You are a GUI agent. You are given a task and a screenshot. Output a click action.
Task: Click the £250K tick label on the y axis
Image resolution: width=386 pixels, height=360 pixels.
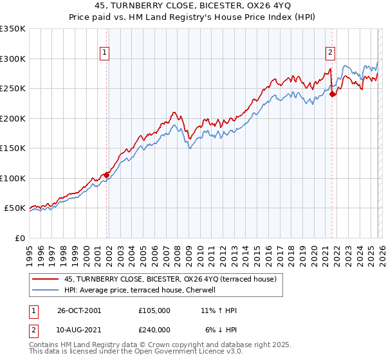coord(13,89)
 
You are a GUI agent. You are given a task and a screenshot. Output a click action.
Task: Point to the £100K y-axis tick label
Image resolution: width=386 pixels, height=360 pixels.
coord(13,178)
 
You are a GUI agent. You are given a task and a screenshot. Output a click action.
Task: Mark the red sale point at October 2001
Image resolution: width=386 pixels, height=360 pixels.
coord(107,175)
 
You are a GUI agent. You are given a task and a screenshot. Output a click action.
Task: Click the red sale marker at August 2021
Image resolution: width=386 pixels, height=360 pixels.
coord(333,94)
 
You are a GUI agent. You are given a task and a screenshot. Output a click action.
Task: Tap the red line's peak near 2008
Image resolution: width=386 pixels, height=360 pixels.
coord(174,113)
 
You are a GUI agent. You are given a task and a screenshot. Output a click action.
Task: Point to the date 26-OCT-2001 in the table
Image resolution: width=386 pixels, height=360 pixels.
coord(79,310)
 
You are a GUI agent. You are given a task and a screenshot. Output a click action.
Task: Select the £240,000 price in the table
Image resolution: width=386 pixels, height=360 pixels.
coord(154,329)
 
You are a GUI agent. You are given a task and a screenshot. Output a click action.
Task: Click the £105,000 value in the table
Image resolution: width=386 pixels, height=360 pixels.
coord(154,310)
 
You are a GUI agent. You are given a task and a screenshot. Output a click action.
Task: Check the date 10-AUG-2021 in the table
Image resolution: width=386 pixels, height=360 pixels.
coord(79,329)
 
